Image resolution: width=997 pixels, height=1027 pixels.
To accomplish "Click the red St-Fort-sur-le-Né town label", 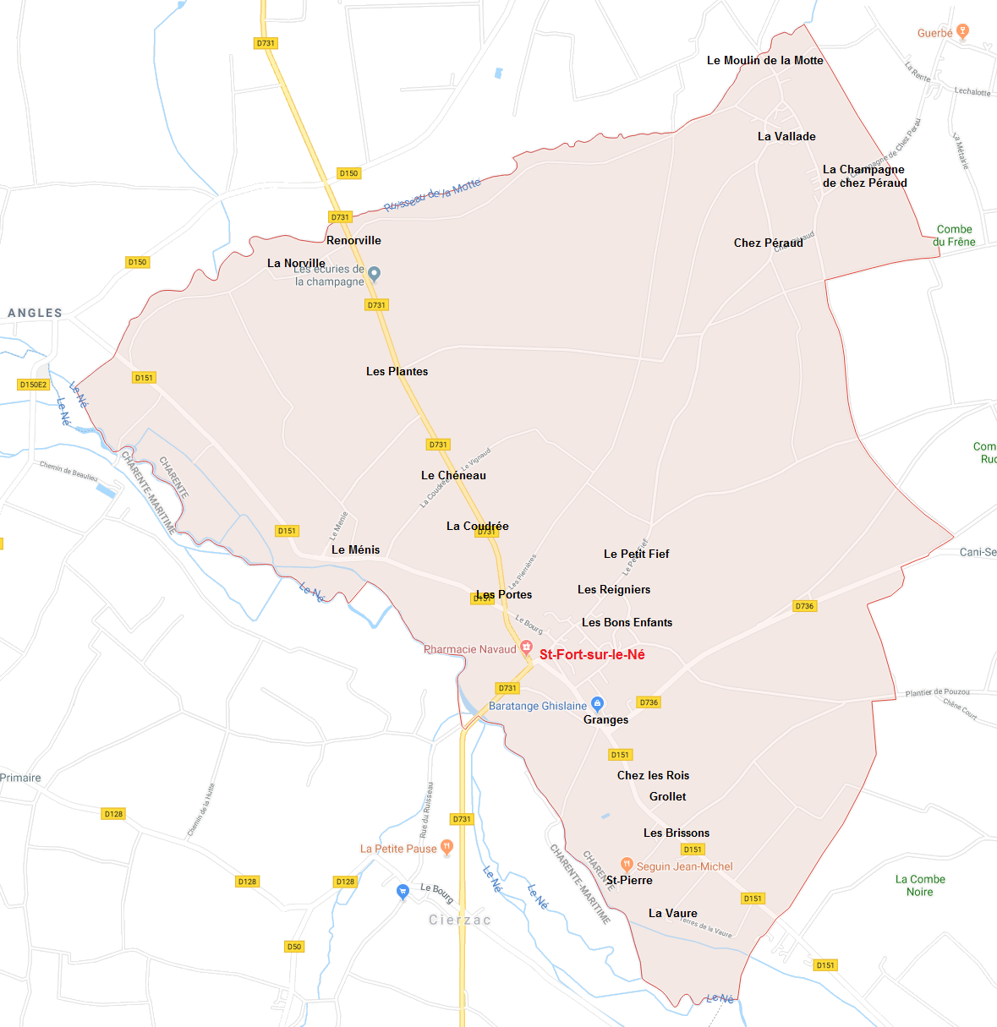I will [x=592, y=654].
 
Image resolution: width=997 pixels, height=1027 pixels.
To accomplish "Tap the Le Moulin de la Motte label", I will [x=764, y=60].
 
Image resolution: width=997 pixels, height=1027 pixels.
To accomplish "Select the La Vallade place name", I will [x=786, y=136].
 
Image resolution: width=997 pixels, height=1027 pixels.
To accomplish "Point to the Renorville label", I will [x=353, y=240].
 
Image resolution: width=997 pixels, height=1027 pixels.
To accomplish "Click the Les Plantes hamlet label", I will [x=397, y=371].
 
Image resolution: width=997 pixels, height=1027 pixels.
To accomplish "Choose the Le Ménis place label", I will [x=355, y=549].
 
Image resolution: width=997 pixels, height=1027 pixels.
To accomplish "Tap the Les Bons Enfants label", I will [x=627, y=622].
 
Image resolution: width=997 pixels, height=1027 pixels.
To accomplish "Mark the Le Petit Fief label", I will [x=636, y=554].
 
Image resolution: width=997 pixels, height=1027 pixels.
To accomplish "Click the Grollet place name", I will [x=667, y=796].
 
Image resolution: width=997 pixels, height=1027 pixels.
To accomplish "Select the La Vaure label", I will [x=672, y=913].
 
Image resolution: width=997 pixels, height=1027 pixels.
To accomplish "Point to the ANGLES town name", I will [x=35, y=313].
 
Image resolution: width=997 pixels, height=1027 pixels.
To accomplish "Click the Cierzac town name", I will [x=459, y=920].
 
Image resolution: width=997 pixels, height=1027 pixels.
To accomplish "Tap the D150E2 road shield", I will [x=34, y=385].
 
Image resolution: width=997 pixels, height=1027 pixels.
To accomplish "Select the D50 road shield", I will [x=293, y=947].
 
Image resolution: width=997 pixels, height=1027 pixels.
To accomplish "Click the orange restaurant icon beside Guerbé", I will [x=962, y=32].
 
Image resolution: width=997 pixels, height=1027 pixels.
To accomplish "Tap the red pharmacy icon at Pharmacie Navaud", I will [x=526, y=648].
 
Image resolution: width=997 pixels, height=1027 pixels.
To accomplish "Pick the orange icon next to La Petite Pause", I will [x=446, y=847].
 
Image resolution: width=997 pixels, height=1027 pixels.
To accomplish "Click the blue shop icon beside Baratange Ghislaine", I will [x=597, y=703].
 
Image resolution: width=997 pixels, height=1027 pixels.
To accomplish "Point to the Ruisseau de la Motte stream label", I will [x=432, y=194].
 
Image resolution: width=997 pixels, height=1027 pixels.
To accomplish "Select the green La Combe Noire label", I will [x=920, y=885].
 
